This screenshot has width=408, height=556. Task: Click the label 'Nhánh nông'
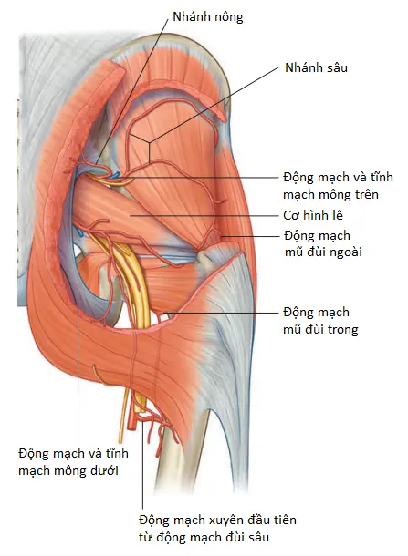coord(208,17)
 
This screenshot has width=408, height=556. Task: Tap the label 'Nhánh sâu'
coord(316,67)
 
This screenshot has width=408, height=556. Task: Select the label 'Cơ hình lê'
coord(313,215)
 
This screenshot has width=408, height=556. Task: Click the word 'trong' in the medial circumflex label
coord(342,329)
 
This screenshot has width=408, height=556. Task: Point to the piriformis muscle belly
coord(117,210)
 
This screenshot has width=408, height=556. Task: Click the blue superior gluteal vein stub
coord(115,175)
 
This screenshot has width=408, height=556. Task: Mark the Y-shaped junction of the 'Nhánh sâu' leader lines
coord(149,143)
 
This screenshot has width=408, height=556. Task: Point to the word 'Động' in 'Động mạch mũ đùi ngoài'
coord(298,235)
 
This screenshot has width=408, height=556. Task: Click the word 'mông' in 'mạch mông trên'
coord(329,195)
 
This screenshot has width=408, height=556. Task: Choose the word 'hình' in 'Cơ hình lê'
coord(316,215)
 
